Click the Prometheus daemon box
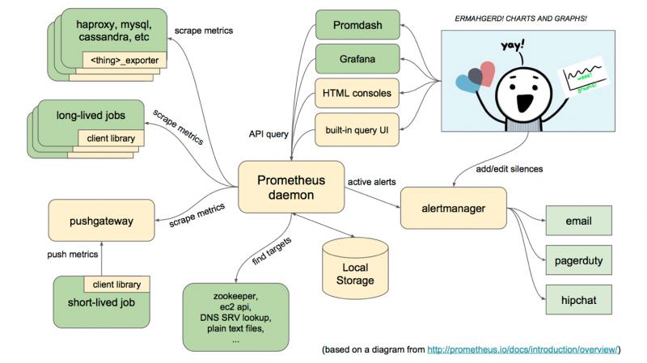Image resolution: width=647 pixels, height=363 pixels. coord(290,186)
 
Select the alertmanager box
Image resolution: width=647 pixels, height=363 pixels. coord(452,209)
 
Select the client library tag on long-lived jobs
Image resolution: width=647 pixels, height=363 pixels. coord(114,138)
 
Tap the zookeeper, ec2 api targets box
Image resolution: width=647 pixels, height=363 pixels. coord(236,315)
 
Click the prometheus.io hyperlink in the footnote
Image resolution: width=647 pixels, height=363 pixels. coord(525,349)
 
